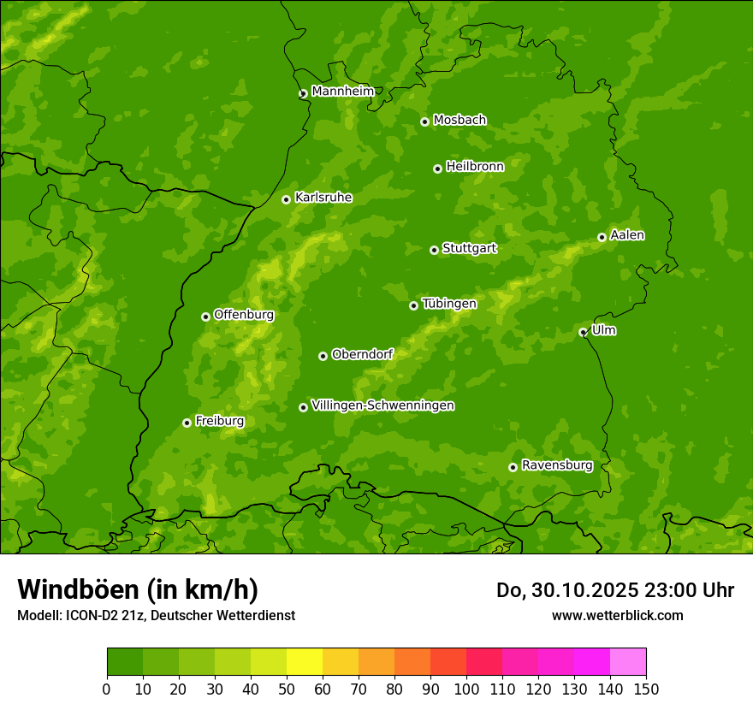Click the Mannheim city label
pos(342,91)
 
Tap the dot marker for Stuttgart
pos(434,250)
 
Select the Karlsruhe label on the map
pos(323,198)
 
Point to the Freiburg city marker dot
pos(187,423)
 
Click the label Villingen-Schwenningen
pos(382,405)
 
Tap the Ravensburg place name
pos(557,465)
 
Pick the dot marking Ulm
pos(583,332)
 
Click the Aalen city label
pos(627,235)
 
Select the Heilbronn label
pos(475,167)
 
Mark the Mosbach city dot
pos(424,121)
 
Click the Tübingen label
pos(449,304)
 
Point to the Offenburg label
pos(244,315)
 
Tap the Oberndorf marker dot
pos(323,356)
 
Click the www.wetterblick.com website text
pos(617,615)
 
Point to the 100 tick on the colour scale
pos(466,689)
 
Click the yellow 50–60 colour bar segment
pos(305,662)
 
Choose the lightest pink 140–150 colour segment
pos(628,662)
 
